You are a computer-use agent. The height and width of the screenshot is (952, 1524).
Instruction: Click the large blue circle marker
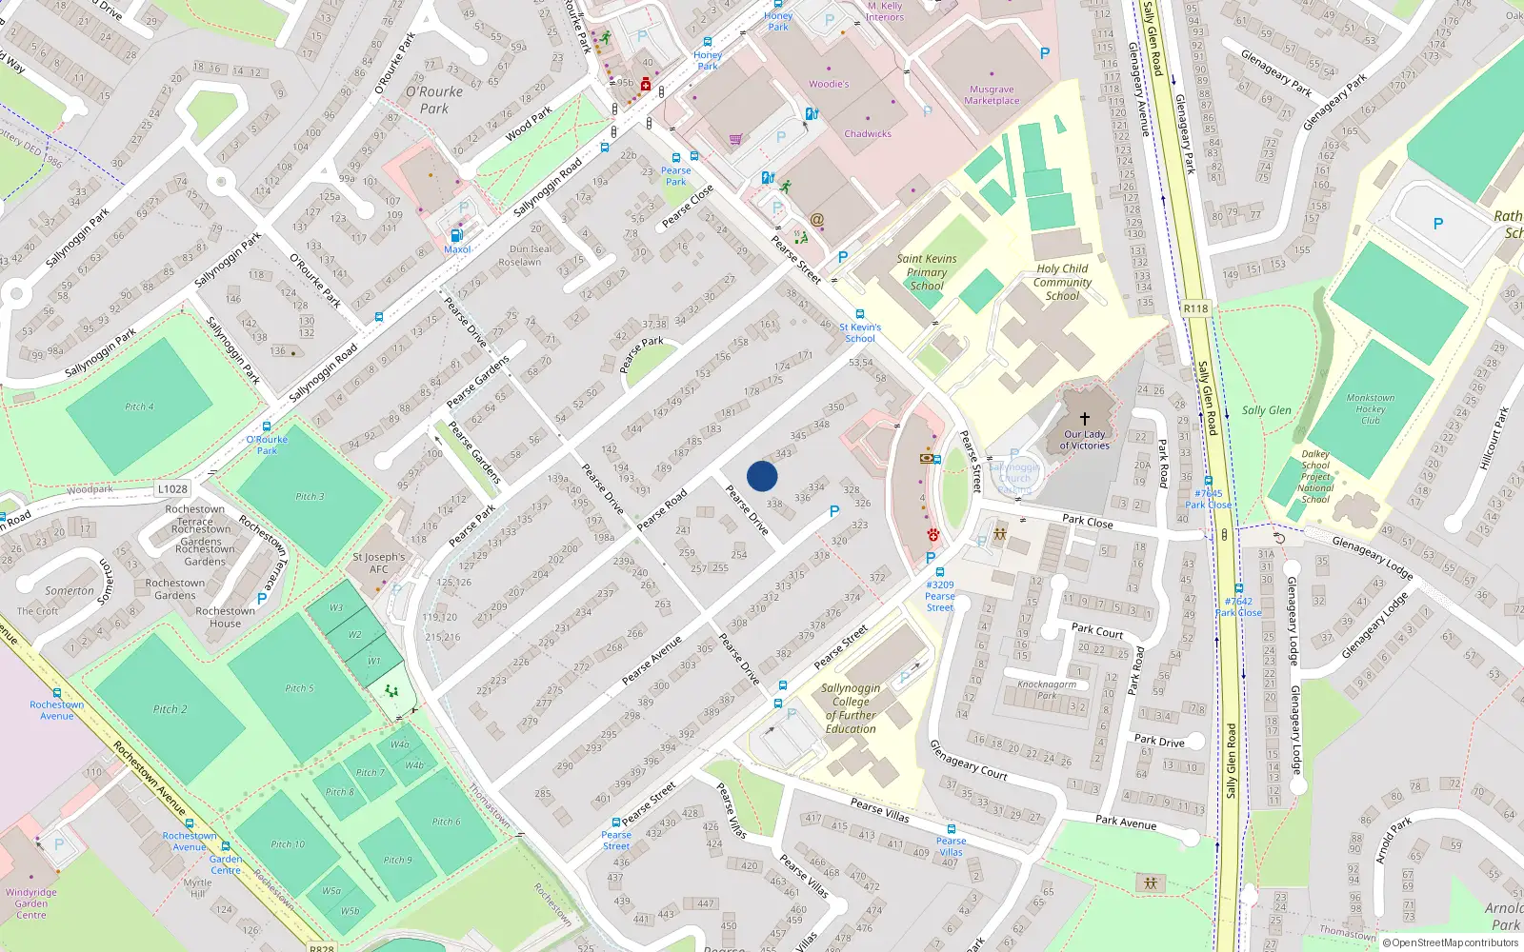click(762, 476)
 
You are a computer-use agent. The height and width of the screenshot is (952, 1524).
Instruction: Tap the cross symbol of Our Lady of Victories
click(1084, 418)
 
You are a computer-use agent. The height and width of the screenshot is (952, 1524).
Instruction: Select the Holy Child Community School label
click(1062, 282)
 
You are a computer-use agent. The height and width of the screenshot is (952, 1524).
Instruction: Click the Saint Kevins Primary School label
click(927, 272)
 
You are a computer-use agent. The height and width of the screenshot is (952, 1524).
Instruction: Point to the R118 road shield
click(1195, 308)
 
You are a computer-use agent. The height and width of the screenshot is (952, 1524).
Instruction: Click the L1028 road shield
click(172, 488)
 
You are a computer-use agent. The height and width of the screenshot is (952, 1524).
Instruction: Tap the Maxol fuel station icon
click(456, 235)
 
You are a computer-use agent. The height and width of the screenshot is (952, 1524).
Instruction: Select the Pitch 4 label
click(139, 407)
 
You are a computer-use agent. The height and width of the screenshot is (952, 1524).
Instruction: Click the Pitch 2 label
click(170, 709)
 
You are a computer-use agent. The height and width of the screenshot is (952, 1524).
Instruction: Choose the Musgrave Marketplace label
click(992, 94)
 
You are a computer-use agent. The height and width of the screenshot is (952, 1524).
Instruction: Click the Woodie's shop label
click(829, 84)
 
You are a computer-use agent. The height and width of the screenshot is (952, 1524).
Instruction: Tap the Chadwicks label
click(868, 134)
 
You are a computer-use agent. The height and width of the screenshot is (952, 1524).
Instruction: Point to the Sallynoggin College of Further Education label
click(851, 708)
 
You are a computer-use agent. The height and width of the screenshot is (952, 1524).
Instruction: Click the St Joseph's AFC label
click(378, 563)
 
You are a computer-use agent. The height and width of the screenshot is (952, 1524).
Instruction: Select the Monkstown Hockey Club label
click(1370, 408)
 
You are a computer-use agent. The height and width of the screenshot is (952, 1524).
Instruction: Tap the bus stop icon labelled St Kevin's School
click(860, 314)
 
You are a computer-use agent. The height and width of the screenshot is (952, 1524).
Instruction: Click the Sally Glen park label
click(1267, 410)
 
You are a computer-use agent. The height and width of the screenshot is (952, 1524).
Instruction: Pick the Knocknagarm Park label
click(1047, 689)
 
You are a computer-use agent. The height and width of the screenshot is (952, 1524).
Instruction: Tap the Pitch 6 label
click(446, 822)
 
